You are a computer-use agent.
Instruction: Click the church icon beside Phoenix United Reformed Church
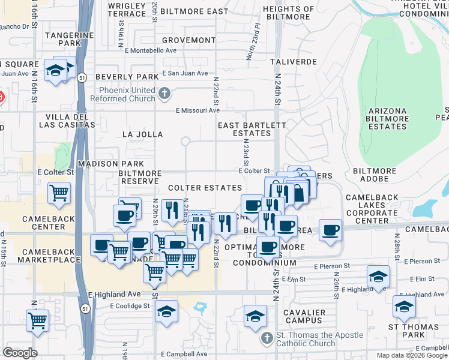coord(165,94)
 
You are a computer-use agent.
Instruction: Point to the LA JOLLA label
coord(142,134)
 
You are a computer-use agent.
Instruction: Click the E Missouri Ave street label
coord(197,110)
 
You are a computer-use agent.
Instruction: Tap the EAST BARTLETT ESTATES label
coord(252,129)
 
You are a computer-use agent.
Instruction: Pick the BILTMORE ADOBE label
coord(375,171)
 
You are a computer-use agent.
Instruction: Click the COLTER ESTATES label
coord(205,188)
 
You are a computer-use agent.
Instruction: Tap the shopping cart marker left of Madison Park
coord(59,193)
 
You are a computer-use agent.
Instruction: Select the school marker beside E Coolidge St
coord(167,311)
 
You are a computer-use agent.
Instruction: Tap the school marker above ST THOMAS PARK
coord(405,306)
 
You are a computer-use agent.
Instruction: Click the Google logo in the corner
coord(20,352)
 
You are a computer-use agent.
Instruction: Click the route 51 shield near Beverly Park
coord(80,76)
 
